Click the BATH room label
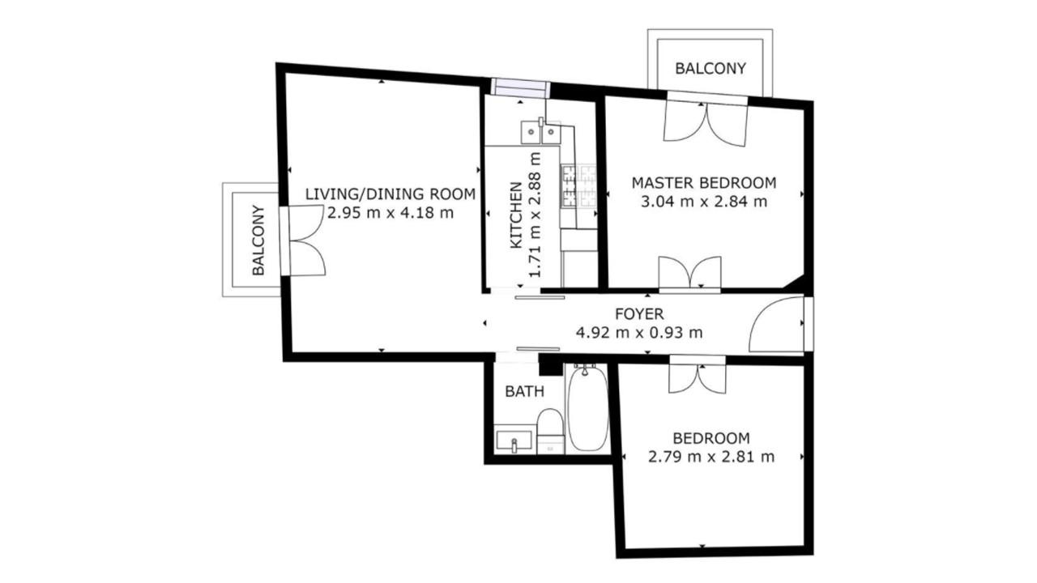point(524,391)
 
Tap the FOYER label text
point(639,314)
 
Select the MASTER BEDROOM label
point(704,183)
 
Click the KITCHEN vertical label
point(516,215)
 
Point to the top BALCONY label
point(711,69)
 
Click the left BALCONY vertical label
point(258,240)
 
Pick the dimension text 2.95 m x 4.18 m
point(390,213)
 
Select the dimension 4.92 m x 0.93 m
point(639,332)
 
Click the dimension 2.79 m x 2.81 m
point(711,457)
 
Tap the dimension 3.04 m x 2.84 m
point(704,202)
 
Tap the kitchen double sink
point(540,133)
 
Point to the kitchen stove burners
point(578,186)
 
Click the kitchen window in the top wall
point(520,88)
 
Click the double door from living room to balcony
point(302,241)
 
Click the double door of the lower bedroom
point(698,375)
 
